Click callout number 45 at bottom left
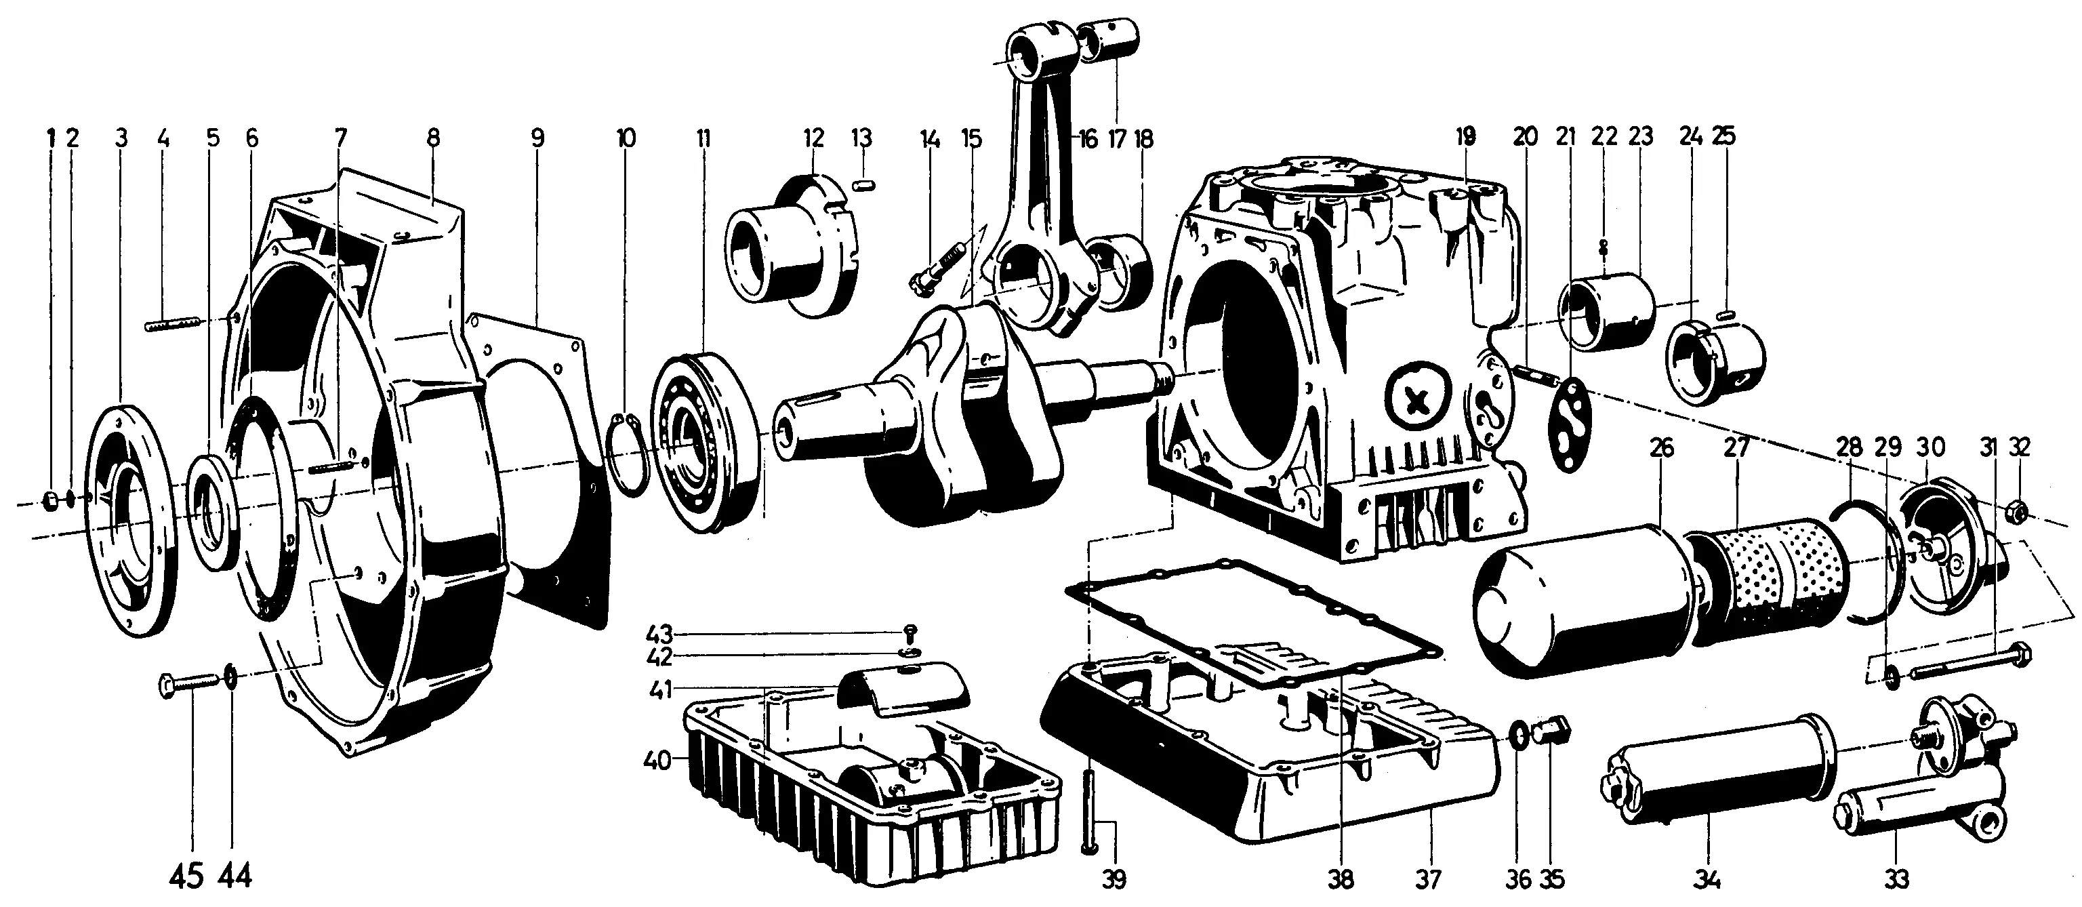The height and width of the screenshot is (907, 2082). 186,875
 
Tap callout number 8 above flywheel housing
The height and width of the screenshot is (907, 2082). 433,138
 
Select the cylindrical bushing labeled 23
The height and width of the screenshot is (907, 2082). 1604,314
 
